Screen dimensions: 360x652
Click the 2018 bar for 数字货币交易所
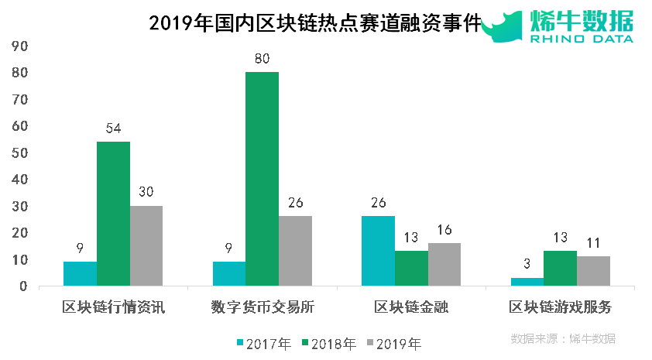(x=262, y=179)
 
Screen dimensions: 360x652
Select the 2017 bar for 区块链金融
(x=378, y=251)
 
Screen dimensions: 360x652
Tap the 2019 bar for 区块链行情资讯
(x=146, y=245)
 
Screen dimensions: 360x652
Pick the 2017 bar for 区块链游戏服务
(x=527, y=282)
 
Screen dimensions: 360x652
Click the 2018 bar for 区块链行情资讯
(x=113, y=214)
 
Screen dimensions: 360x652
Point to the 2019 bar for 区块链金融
(x=444, y=265)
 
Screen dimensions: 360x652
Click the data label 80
(x=262, y=58)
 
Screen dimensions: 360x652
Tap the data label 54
(x=113, y=128)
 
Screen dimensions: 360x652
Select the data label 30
(x=146, y=191)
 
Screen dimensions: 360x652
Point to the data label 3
(x=527, y=264)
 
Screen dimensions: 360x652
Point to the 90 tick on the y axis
(x=19, y=46)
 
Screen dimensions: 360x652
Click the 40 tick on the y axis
(x=19, y=180)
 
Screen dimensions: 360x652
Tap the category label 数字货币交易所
(x=263, y=307)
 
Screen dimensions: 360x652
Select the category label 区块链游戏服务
(x=560, y=307)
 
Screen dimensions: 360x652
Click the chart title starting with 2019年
(x=314, y=23)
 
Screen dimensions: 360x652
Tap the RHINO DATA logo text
(x=582, y=38)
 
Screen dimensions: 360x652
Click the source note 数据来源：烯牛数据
(x=563, y=339)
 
